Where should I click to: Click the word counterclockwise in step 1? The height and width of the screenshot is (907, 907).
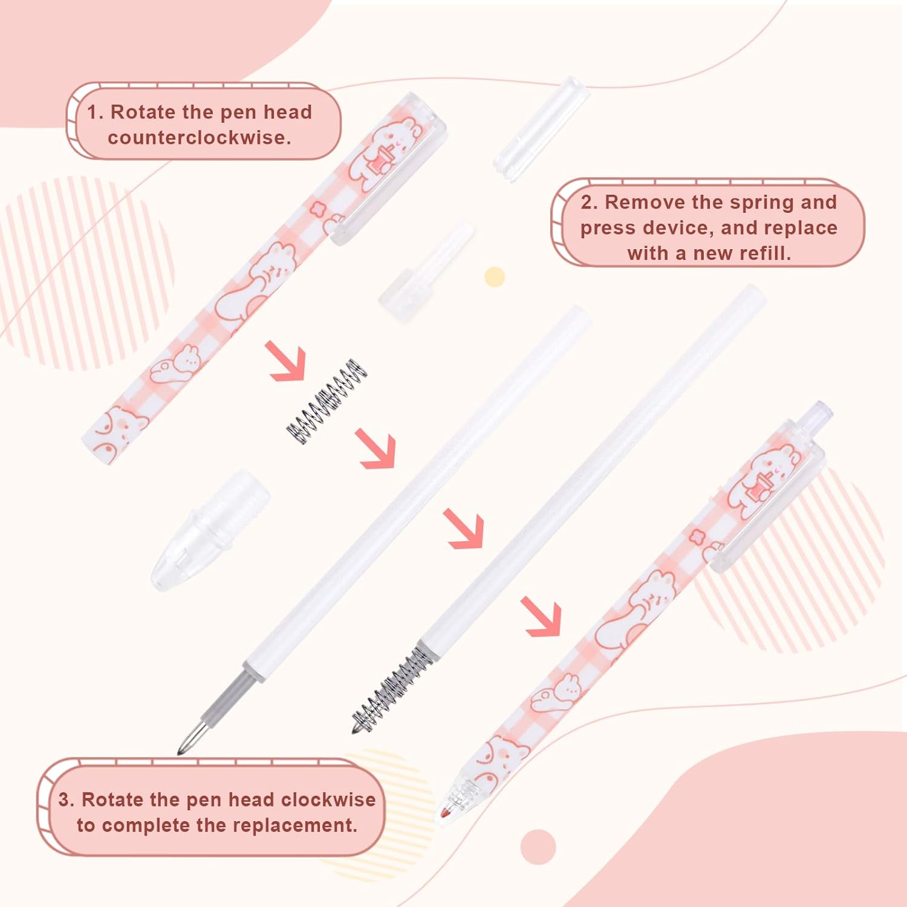[200, 138]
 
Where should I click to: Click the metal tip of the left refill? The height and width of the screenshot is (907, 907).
[192, 738]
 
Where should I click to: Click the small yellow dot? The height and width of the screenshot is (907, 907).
[495, 277]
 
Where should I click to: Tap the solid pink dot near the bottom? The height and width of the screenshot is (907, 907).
[538, 846]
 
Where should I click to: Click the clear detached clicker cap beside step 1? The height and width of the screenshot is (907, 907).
[541, 128]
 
